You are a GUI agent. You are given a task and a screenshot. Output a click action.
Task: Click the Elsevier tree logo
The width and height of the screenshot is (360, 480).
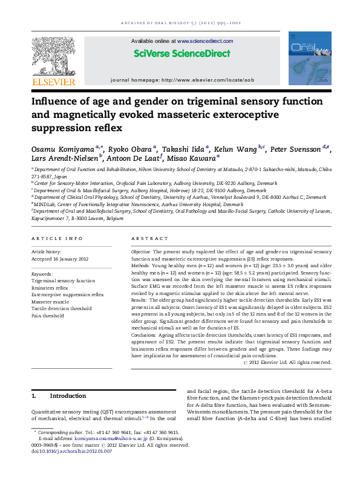[53, 55]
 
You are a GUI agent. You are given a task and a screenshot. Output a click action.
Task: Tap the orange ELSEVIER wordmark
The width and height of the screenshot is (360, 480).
[54, 82]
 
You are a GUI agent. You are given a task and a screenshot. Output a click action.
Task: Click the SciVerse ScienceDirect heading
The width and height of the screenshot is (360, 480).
[182, 53]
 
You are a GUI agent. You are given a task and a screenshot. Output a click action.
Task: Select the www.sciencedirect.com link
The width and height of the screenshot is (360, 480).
[205, 41]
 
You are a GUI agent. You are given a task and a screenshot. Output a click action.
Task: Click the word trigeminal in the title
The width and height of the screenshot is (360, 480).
[215, 102]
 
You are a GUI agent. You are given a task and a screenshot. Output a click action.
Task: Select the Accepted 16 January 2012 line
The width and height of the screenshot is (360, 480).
[60, 259]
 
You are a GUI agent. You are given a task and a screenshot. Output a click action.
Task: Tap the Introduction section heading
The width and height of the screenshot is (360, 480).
[68, 396]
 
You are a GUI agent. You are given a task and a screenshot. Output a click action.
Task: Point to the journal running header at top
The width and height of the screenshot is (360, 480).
[180, 22]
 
